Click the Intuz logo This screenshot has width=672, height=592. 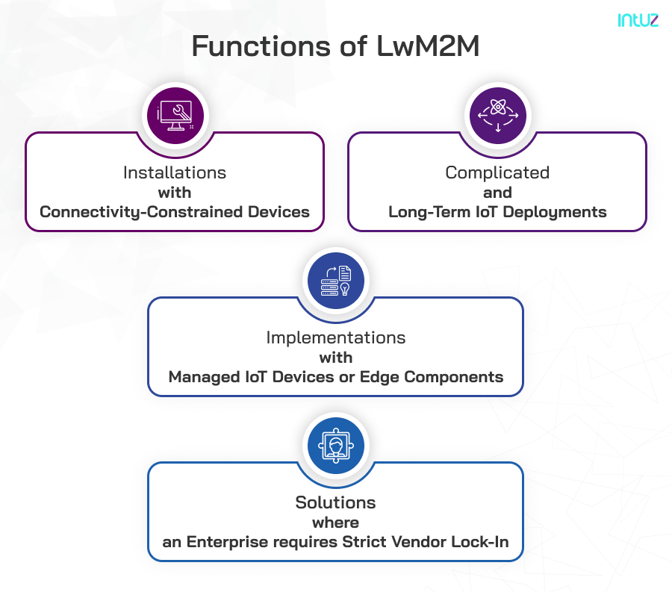638,21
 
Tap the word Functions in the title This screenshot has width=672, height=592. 257,46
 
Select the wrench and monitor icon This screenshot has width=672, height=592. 176,115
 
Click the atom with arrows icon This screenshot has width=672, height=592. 497,116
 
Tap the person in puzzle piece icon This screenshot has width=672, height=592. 336,446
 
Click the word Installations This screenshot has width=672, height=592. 175,172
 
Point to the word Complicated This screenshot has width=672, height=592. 497,172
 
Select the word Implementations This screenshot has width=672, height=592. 336,337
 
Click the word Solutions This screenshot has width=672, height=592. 336,502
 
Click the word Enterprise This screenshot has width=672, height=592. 223,542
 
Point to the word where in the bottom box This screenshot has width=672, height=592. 336,523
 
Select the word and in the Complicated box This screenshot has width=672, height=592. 497,193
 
